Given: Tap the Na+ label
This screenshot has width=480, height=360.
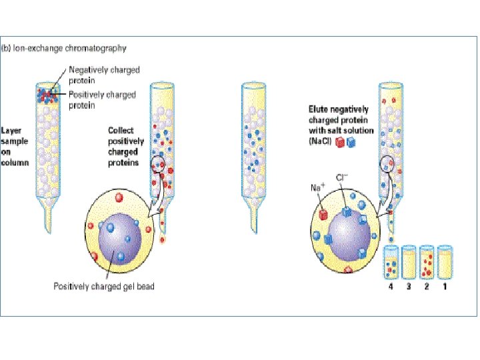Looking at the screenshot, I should (317, 188).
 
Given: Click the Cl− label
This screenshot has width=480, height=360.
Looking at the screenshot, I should (342, 178).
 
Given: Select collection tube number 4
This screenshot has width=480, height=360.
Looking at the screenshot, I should (392, 262).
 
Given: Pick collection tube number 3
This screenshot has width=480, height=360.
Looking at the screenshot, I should (409, 262).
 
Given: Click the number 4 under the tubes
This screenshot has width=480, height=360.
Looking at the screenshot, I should (392, 287).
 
